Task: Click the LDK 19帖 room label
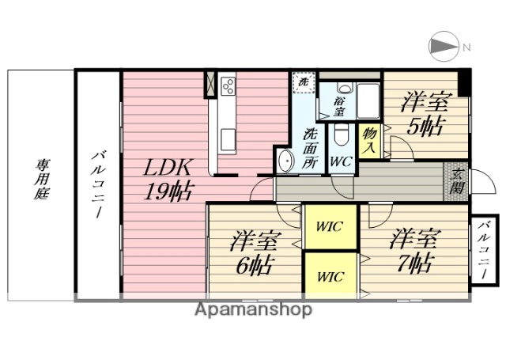(x=167, y=180)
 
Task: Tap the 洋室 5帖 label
(x=425, y=114)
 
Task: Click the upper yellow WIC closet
(x=330, y=227)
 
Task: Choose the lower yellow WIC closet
(x=330, y=275)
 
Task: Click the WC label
(x=341, y=161)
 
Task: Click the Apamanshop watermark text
(x=252, y=310)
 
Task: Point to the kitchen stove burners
(x=228, y=85)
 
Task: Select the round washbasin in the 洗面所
(x=285, y=161)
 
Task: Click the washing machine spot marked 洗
(x=301, y=80)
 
